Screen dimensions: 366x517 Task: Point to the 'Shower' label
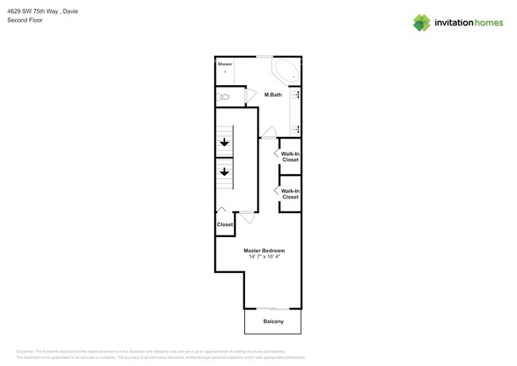pyautogui.click(x=224, y=63)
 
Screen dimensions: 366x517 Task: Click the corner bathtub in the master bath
pyautogui.click(x=286, y=71)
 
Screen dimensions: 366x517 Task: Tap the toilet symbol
pyautogui.click(x=224, y=97)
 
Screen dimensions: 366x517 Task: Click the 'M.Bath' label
pyautogui.click(x=273, y=95)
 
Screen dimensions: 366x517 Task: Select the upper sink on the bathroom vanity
pyautogui.click(x=297, y=95)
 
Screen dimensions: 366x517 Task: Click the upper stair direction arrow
pyautogui.click(x=224, y=143)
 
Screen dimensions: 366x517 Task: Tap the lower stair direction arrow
pyautogui.click(x=224, y=171)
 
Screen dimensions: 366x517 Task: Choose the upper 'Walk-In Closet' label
pyautogui.click(x=290, y=157)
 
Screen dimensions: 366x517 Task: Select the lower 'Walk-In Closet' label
pyautogui.click(x=290, y=193)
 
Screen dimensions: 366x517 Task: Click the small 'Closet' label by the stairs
pyautogui.click(x=225, y=224)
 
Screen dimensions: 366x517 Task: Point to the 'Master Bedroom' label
pyautogui.click(x=264, y=251)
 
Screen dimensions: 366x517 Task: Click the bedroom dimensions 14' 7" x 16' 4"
pyautogui.click(x=264, y=257)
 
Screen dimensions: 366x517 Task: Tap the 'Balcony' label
pyautogui.click(x=273, y=321)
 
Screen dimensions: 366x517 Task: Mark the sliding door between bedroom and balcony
pyautogui.click(x=273, y=309)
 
